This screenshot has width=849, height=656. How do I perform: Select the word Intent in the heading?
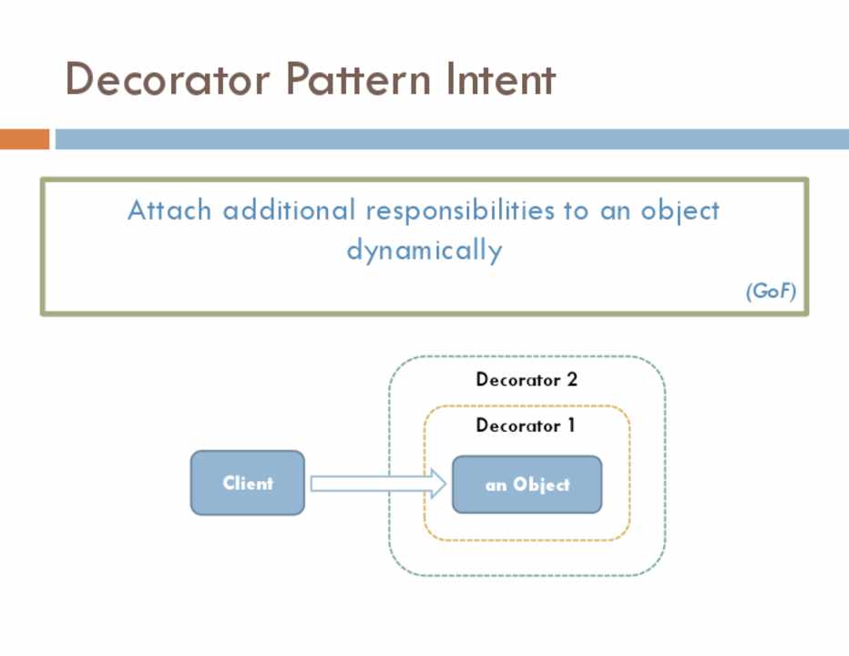500,79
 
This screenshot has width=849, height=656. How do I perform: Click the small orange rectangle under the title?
24,139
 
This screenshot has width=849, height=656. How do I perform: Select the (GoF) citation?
771,292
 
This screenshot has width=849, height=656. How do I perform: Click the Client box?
247,483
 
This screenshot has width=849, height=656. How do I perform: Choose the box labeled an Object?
527,485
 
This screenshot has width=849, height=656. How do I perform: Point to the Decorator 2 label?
527,379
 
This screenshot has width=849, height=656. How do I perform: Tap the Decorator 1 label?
526,425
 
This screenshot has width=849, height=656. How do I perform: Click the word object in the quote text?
680,210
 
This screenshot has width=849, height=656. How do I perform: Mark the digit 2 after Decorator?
571,379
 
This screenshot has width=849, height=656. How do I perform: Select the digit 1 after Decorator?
570,425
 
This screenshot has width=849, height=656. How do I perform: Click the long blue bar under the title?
451,139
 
